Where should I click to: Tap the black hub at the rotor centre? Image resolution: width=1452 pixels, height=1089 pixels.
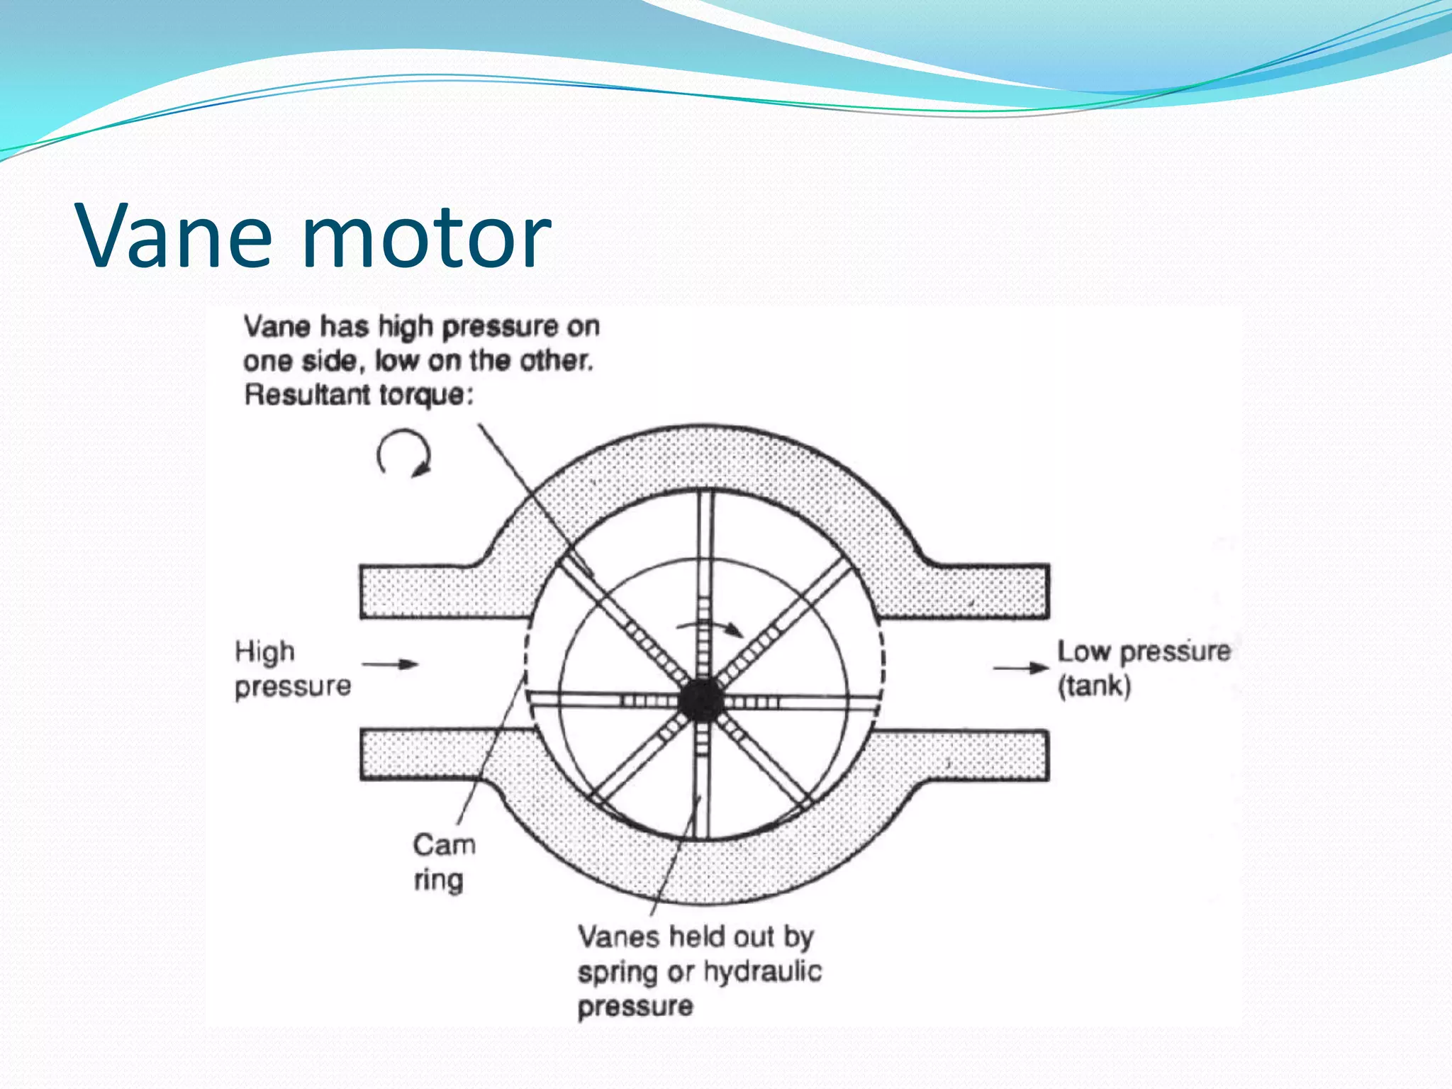click(701, 700)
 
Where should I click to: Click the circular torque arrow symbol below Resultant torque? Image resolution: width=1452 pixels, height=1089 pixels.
click(403, 453)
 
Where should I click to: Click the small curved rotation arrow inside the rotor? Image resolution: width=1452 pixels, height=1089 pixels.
click(710, 626)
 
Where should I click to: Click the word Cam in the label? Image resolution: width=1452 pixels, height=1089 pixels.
click(444, 845)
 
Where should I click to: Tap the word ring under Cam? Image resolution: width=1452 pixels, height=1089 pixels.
click(438, 880)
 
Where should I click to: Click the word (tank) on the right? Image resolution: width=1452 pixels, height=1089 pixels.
click(1094, 686)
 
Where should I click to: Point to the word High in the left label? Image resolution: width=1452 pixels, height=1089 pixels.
click(264, 652)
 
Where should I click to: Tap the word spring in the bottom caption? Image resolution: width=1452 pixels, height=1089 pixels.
click(618, 973)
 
